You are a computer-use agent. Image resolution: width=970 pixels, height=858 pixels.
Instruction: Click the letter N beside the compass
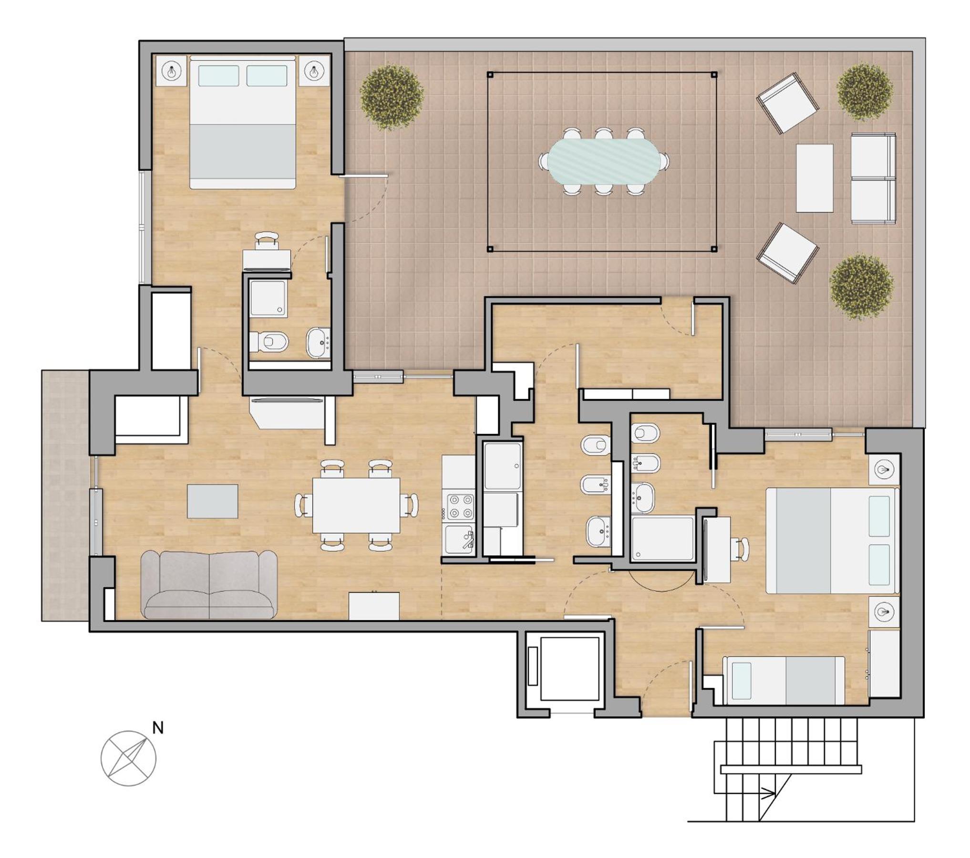click(158, 728)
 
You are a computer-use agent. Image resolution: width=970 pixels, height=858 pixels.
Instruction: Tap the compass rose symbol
click(128, 758)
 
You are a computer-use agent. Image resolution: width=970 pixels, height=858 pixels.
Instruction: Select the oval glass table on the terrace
click(604, 161)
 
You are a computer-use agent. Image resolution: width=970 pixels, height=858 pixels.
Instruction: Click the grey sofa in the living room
click(209, 585)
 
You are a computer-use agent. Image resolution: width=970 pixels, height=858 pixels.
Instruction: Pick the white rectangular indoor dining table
click(356, 505)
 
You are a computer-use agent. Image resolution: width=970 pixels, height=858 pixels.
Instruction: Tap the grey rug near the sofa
click(212, 501)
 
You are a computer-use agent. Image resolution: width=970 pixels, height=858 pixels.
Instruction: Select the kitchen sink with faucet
click(459, 539)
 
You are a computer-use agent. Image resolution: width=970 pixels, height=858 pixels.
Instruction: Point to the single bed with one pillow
click(784, 681)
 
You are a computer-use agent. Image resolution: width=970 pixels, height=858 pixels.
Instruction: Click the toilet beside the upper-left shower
click(269, 341)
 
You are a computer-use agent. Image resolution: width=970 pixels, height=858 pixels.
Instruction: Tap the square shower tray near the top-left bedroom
click(268, 299)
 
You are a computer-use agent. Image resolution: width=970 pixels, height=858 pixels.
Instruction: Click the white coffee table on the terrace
click(815, 178)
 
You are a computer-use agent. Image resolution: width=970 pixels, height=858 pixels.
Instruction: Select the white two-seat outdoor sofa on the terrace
click(873, 178)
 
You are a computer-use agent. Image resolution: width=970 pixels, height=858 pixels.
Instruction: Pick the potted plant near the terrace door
click(392, 97)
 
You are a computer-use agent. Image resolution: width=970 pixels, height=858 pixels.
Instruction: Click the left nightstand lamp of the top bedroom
click(171, 72)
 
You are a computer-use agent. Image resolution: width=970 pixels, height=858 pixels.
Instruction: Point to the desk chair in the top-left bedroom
click(267, 240)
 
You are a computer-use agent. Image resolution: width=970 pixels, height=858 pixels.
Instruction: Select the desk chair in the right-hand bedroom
click(740, 549)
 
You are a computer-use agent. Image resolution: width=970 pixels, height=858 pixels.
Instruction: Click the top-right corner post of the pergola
click(714, 74)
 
